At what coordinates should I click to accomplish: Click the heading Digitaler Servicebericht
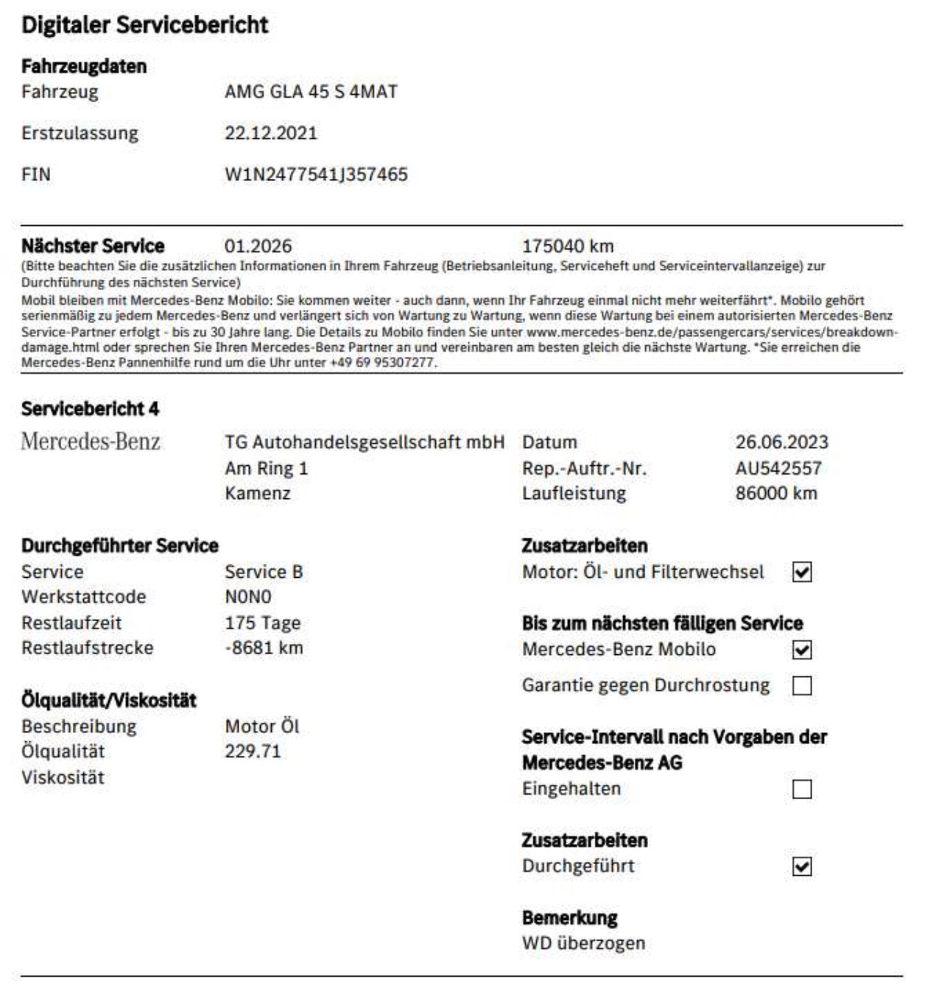(x=145, y=25)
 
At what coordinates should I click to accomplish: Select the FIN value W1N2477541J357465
(x=316, y=174)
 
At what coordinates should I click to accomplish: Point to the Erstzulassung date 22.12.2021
(x=271, y=133)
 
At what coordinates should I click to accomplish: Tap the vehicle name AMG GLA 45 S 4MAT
(x=311, y=92)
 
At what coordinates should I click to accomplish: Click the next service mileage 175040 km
(x=567, y=246)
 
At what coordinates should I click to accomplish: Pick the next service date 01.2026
(x=258, y=246)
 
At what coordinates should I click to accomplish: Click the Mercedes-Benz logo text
(x=91, y=442)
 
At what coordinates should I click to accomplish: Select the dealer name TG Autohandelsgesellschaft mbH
(x=365, y=442)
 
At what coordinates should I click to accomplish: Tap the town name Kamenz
(x=258, y=493)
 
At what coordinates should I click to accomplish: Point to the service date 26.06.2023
(x=781, y=442)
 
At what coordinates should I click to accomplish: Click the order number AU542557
(x=778, y=468)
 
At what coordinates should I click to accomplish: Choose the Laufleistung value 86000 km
(x=775, y=493)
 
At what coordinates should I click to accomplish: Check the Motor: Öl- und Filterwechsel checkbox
(x=802, y=573)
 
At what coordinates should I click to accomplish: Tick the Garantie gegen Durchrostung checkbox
(x=802, y=686)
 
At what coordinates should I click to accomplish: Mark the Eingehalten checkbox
(x=802, y=790)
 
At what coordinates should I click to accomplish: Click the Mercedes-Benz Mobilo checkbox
(x=802, y=650)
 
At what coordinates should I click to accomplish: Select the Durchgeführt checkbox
(x=802, y=867)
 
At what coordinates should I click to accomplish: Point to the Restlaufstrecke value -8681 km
(x=264, y=648)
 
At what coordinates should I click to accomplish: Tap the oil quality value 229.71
(x=253, y=751)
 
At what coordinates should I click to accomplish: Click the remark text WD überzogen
(x=583, y=943)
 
